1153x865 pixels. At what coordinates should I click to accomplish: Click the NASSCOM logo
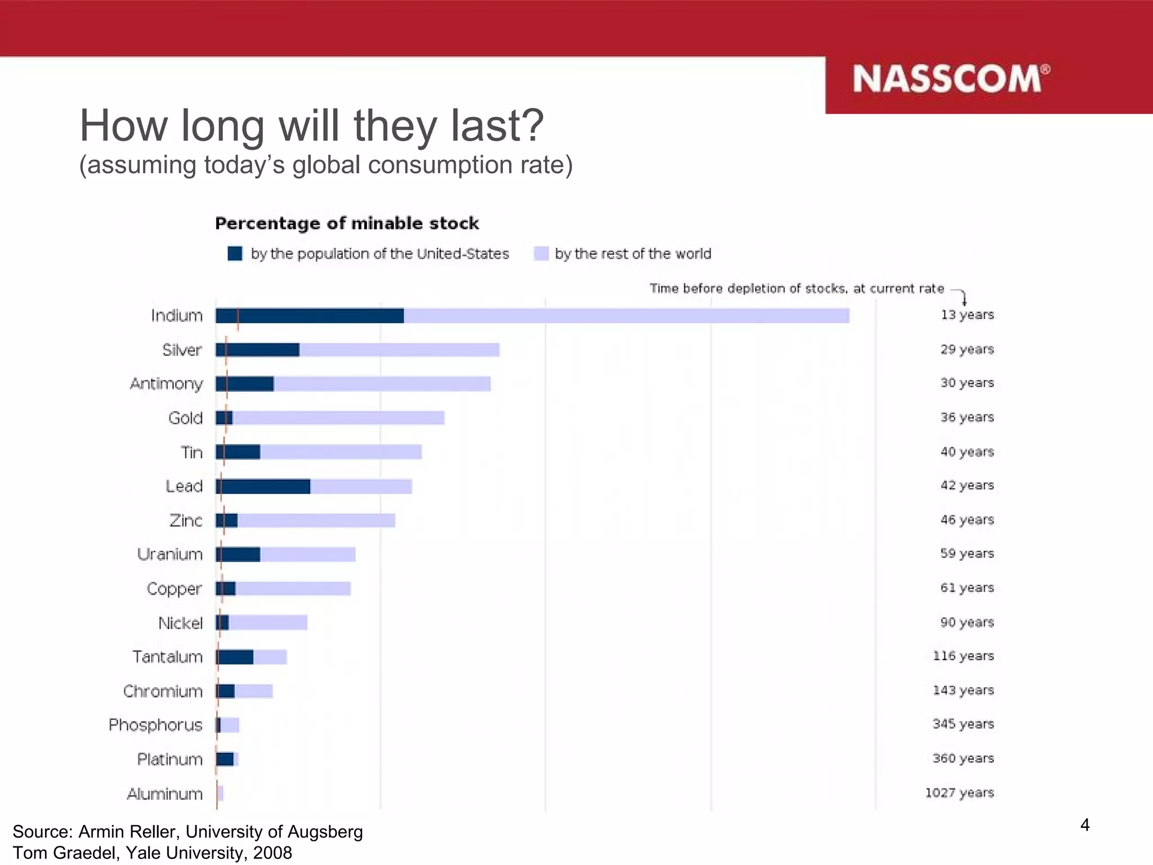(950, 78)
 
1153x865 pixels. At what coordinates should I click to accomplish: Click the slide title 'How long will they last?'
(311, 125)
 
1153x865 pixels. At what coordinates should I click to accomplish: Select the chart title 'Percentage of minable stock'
(347, 224)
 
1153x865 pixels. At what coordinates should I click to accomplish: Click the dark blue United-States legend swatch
(235, 253)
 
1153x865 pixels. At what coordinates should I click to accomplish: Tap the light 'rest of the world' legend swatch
(541, 253)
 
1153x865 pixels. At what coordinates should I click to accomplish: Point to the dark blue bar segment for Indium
(310, 315)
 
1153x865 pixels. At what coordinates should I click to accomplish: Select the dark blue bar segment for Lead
(263, 487)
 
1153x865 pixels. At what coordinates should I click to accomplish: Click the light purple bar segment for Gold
(338, 418)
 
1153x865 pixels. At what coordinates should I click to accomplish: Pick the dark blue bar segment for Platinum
(225, 759)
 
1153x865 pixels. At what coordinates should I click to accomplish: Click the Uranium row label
(169, 555)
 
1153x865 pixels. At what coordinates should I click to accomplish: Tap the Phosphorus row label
(155, 725)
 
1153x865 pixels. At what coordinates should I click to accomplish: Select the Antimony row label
(166, 384)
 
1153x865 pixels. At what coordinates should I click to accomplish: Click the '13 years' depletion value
(967, 315)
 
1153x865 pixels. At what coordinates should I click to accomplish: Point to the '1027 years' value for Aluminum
(959, 793)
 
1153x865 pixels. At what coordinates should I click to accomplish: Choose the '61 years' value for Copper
(967, 588)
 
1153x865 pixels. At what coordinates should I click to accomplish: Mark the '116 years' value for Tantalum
(963, 656)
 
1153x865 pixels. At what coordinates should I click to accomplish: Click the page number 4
(1085, 825)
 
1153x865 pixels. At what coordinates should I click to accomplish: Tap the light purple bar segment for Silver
(399, 350)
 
